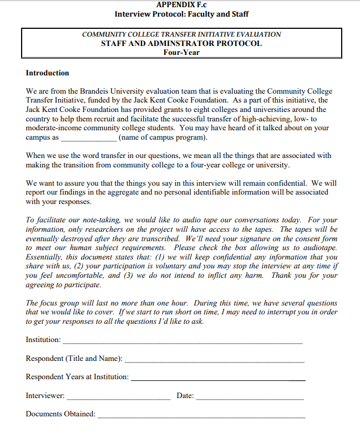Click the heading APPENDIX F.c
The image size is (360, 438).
(181, 4)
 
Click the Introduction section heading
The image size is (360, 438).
(48, 73)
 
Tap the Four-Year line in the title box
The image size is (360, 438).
(181, 53)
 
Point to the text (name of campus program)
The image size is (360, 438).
(163, 137)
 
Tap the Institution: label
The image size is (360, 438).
(43, 339)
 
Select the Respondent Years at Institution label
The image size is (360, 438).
(77, 377)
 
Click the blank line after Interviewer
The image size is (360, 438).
(119, 399)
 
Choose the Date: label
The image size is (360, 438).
(185, 396)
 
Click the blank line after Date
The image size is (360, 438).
(250, 399)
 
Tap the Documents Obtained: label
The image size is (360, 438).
(60, 414)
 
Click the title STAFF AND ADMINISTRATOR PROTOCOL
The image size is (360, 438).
(181, 43)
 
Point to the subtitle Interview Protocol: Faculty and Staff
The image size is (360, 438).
(181, 14)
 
